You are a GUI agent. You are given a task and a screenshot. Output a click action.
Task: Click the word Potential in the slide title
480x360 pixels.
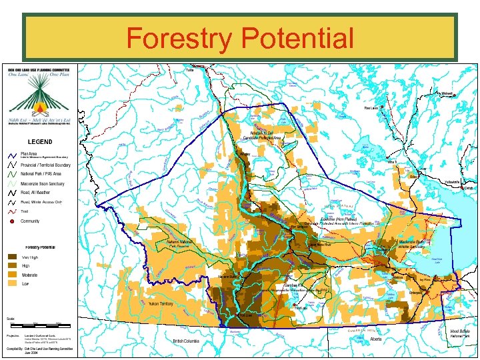[296, 38]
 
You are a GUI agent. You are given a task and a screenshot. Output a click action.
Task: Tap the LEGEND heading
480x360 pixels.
[39, 141]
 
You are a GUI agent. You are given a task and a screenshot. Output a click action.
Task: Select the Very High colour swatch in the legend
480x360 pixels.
[13, 257]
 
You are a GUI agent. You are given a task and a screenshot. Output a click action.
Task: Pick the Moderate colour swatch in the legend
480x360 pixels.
[13, 275]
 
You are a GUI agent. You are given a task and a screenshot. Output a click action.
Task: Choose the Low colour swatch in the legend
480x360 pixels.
[13, 283]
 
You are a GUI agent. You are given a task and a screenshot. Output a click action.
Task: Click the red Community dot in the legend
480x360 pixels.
[12, 221]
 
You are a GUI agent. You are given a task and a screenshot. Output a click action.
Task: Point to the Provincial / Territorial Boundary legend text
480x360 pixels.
[45, 165]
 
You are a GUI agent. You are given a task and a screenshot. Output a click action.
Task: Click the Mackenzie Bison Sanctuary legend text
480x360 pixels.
[43, 183]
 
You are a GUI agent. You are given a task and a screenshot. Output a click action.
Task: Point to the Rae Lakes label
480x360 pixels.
[371, 108]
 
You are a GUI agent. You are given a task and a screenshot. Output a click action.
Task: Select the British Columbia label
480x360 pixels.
[186, 341]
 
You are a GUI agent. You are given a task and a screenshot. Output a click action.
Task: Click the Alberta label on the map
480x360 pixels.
[377, 339]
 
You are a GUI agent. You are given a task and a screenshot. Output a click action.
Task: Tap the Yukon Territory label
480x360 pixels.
[161, 303]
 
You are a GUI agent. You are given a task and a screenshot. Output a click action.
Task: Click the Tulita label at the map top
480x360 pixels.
[190, 69]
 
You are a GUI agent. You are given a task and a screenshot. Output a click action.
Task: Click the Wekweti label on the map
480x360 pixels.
[447, 93]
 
